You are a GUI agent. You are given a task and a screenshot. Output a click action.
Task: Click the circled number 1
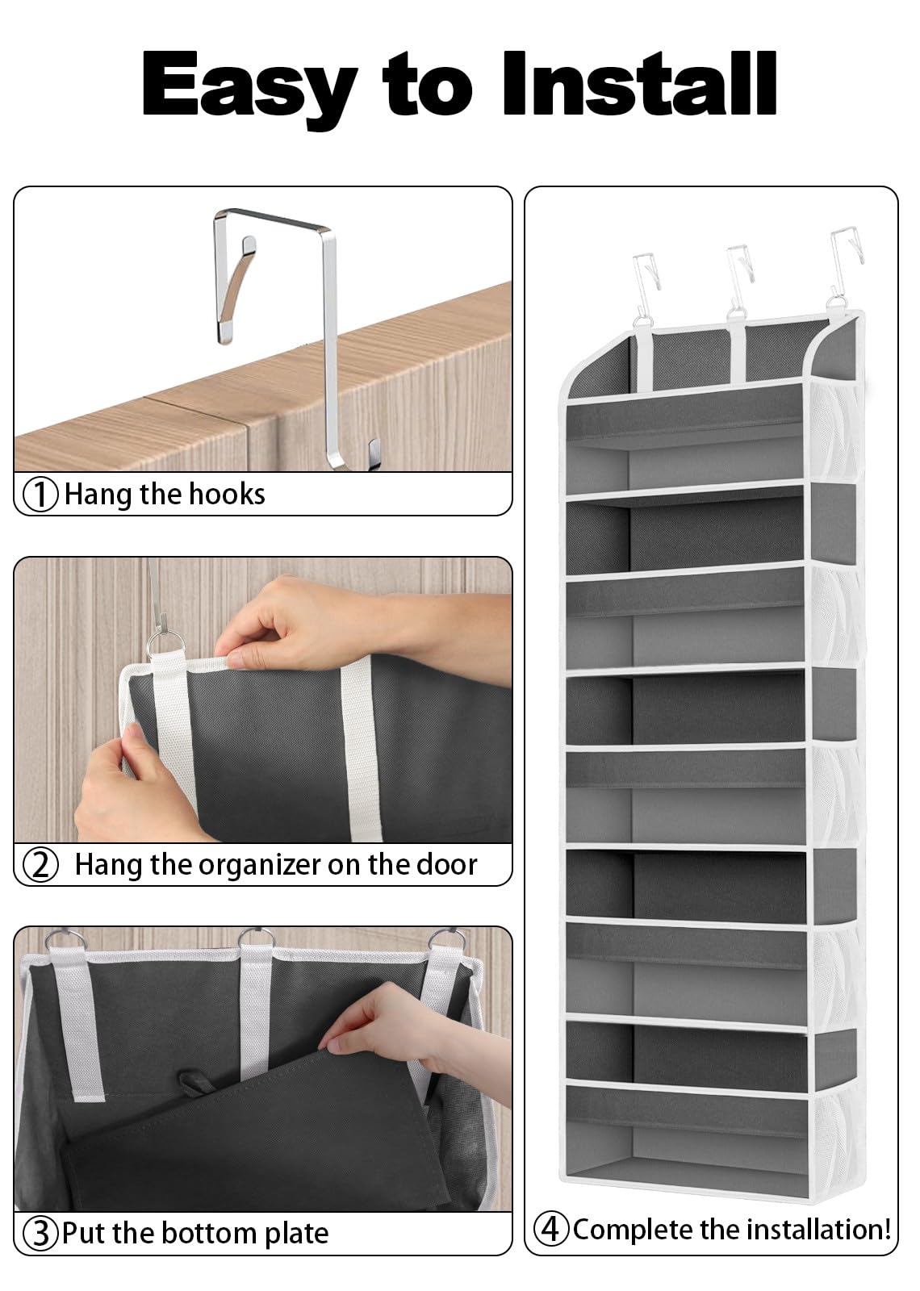[x=41, y=494]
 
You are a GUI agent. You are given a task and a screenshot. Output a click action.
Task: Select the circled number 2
[x=41, y=865]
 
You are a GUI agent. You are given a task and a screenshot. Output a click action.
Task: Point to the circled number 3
[x=41, y=1233]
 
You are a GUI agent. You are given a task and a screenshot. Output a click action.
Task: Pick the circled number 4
[x=551, y=1229]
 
